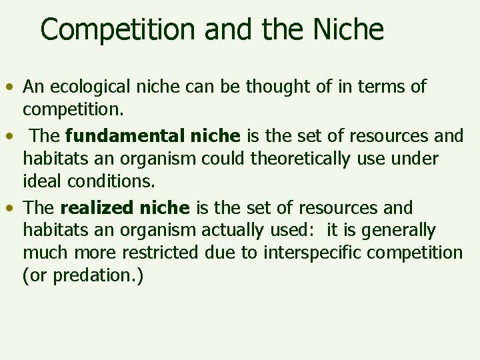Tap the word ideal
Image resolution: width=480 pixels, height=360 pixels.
(x=43, y=181)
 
